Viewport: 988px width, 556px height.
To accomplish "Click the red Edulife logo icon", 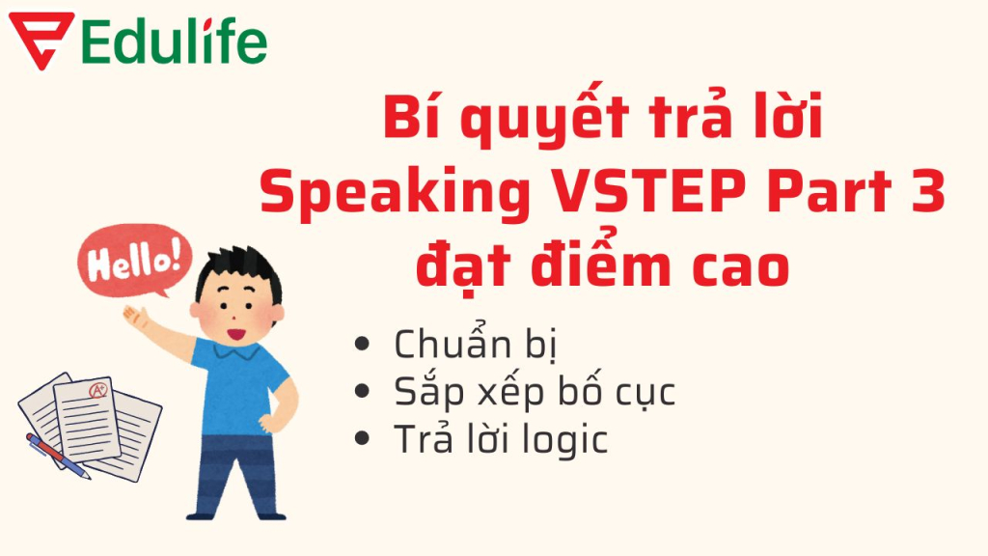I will (x=40, y=40).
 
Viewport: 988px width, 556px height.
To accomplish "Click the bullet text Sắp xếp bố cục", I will (x=535, y=393).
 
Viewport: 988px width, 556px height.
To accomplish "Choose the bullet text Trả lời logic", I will (x=501, y=440).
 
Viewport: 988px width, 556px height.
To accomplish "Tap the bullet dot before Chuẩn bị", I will (x=364, y=345).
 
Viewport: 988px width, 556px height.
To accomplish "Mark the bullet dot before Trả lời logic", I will (x=364, y=439).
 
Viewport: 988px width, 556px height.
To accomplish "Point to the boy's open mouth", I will (x=233, y=334).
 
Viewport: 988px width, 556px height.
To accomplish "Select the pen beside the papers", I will (x=57, y=455).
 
